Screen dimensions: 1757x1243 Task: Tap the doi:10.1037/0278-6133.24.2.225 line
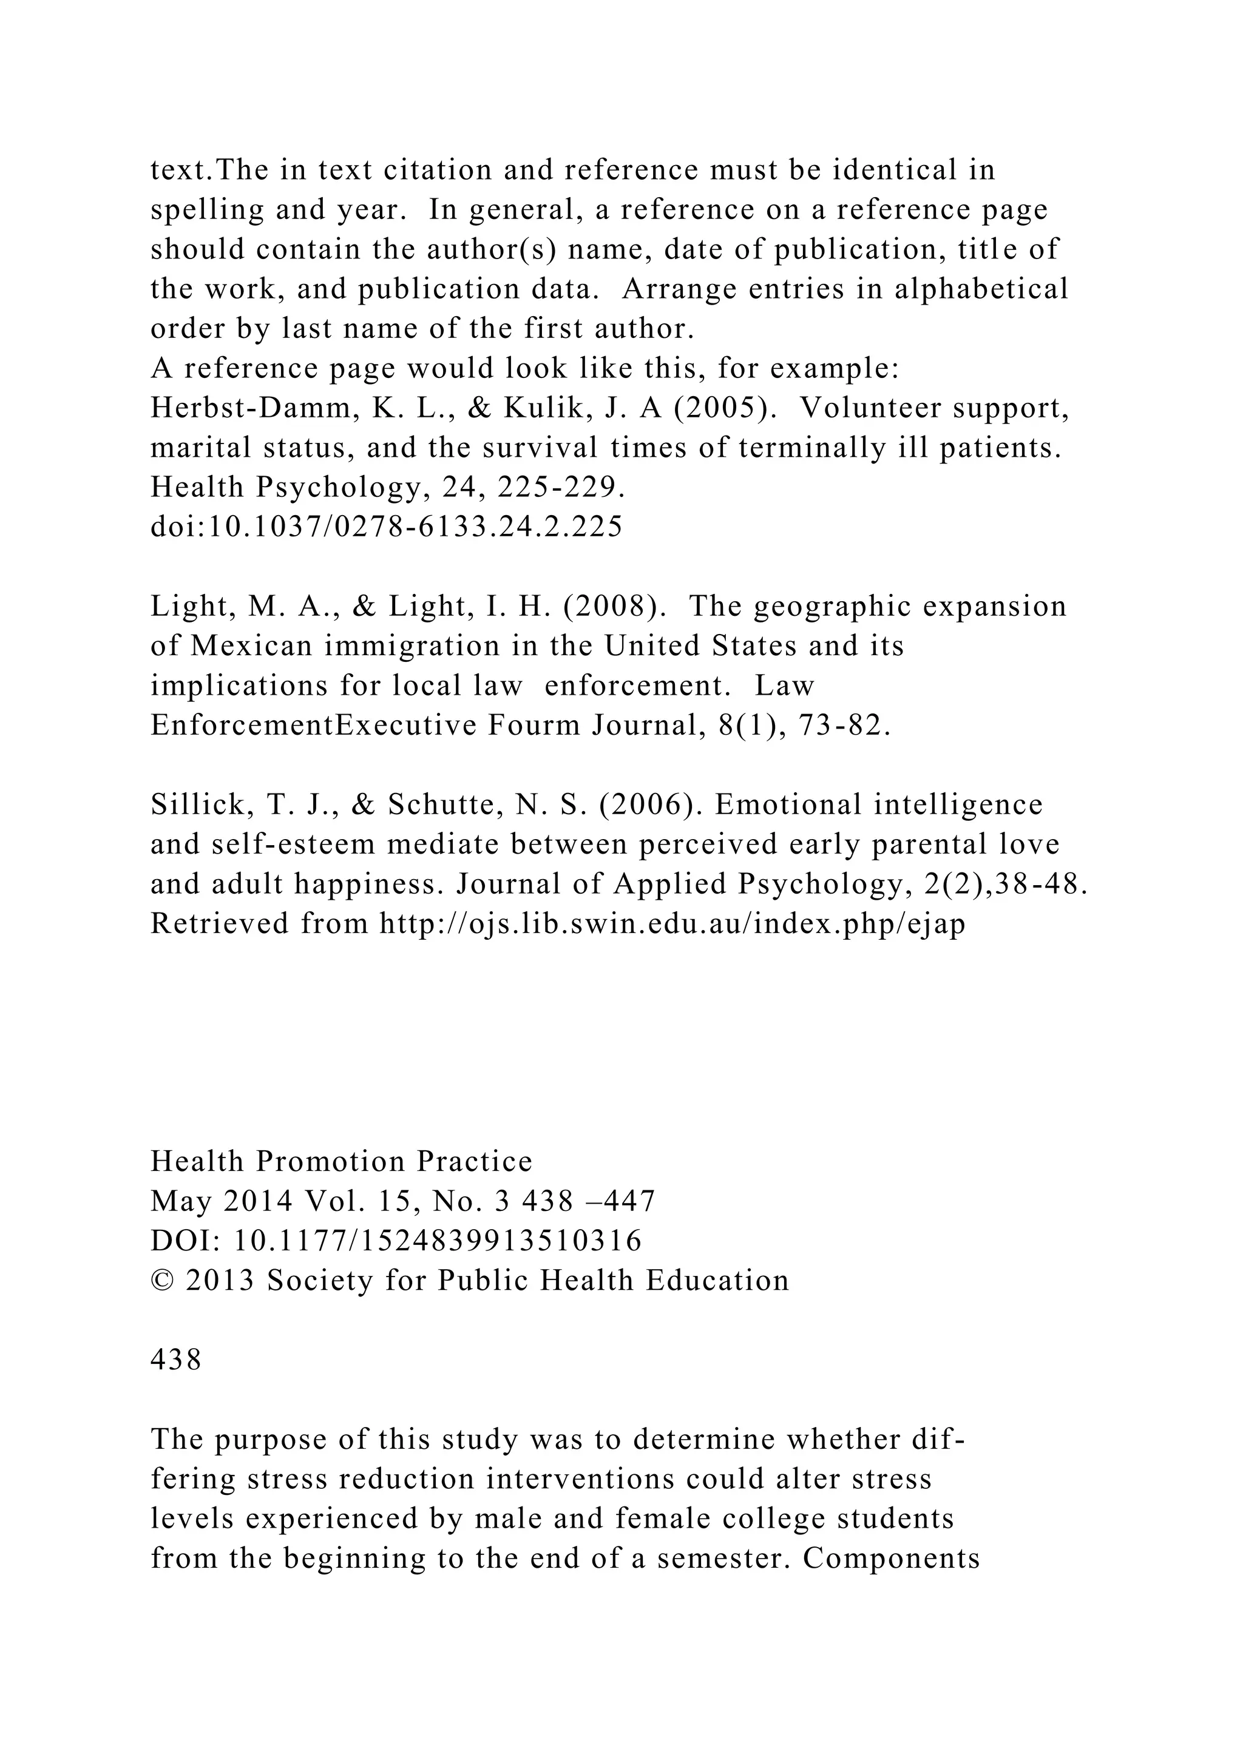(387, 527)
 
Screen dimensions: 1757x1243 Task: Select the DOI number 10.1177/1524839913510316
(437, 1241)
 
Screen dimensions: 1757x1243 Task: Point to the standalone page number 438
(176, 1360)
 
